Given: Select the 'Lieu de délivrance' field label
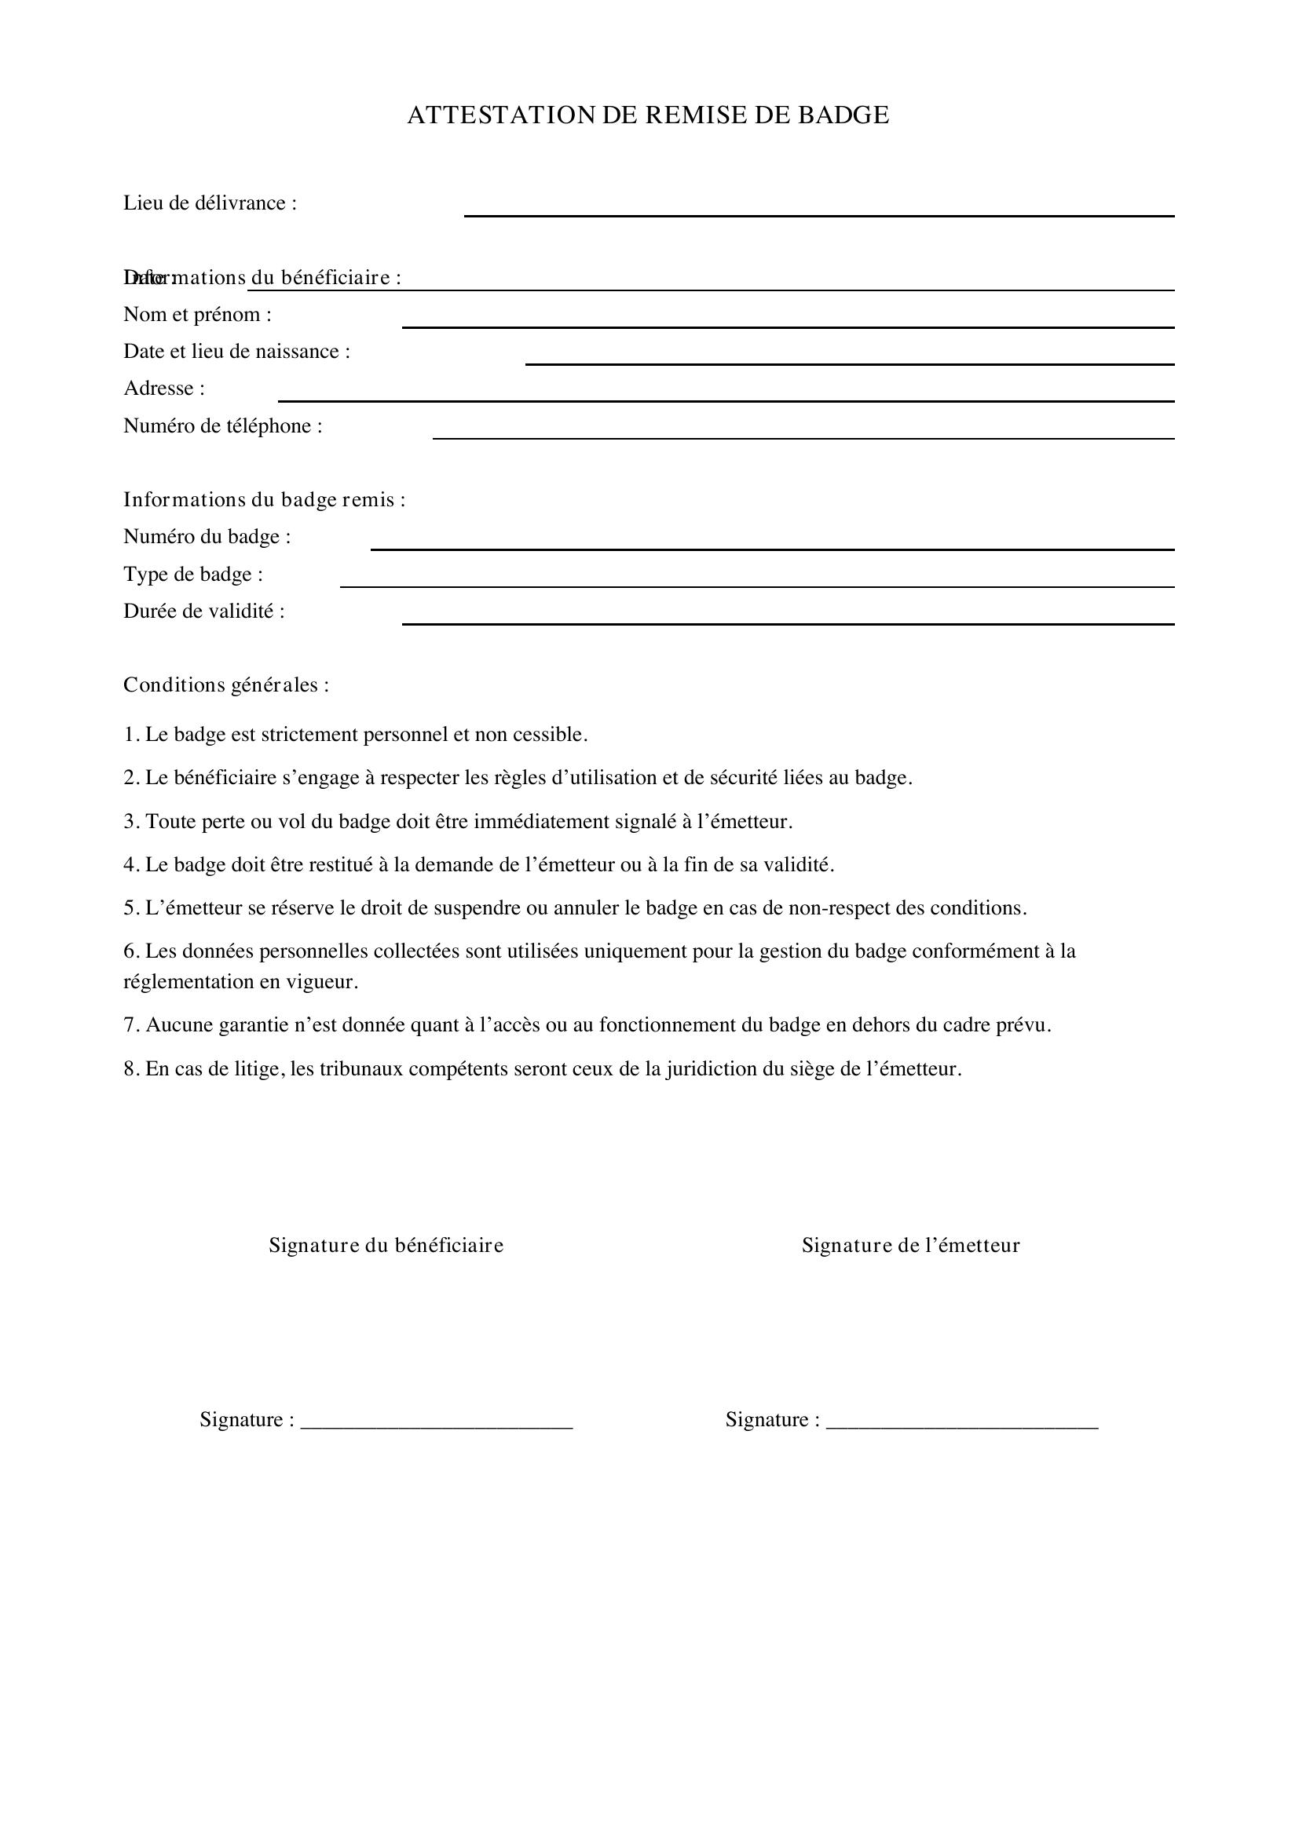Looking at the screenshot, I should click(x=210, y=203).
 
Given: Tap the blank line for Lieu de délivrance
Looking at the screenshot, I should click(x=818, y=214).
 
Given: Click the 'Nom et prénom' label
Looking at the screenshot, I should click(x=197, y=314).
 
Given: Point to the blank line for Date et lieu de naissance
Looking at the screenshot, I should click(x=850, y=363).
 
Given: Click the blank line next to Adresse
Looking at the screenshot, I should click(x=726, y=400).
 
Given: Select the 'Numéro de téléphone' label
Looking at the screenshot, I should click(x=222, y=425).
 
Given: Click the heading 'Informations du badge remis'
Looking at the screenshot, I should click(x=264, y=500).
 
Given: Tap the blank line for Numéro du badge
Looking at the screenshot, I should click(x=772, y=549).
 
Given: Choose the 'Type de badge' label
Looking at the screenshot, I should click(x=192, y=574).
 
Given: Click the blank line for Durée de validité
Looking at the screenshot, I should click(x=787, y=623).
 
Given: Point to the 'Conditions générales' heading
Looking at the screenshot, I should click(x=225, y=685).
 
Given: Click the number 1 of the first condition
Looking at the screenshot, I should click(x=129, y=735).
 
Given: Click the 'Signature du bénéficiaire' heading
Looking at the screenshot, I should click(x=386, y=1245).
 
